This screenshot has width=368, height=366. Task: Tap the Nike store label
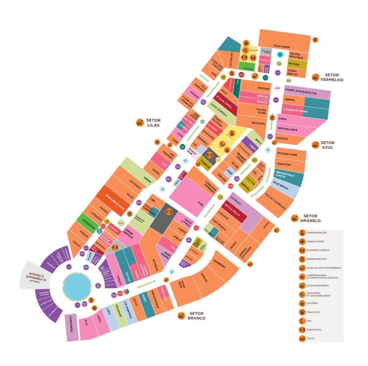click(x=201, y=203)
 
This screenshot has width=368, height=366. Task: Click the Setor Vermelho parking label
click(x=332, y=77)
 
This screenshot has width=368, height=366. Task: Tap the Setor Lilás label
click(x=153, y=122)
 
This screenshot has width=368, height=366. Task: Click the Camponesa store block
click(x=72, y=327)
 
